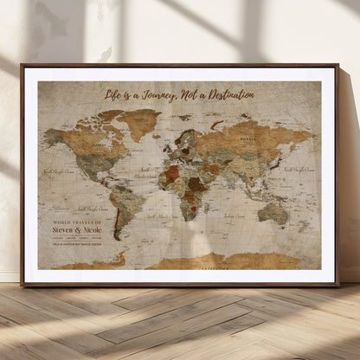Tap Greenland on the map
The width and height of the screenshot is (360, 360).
point(139,122)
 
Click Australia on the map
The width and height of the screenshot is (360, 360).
point(273,211)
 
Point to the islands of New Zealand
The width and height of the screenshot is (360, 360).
point(302,229)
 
